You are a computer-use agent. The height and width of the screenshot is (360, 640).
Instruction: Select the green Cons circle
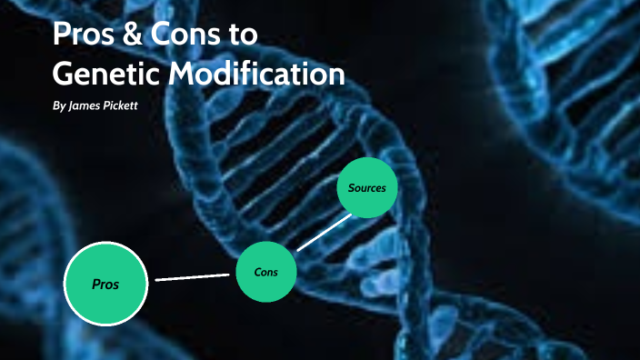pyautogui.click(x=266, y=271)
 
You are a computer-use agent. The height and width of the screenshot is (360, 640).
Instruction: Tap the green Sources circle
pyautogui.click(x=367, y=189)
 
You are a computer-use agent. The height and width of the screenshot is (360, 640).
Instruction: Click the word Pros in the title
pyautogui.click(x=84, y=35)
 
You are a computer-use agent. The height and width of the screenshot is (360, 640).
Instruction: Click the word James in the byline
pyautogui.click(x=89, y=106)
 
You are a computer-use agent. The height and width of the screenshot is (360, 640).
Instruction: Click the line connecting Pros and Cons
pyautogui.click(x=193, y=276)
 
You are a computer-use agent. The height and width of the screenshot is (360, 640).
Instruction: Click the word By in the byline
pyautogui.click(x=59, y=106)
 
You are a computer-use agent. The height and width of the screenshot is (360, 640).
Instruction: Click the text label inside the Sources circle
pyautogui.click(x=367, y=188)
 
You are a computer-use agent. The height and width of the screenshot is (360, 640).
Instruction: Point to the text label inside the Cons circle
pyautogui.click(x=266, y=271)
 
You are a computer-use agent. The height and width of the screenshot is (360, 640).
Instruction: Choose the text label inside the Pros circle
pyautogui.click(x=106, y=285)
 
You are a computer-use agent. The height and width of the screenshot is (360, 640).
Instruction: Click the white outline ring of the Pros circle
pyautogui.click(x=66, y=285)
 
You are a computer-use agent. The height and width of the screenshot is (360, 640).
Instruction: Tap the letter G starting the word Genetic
pyautogui.click(x=65, y=73)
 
